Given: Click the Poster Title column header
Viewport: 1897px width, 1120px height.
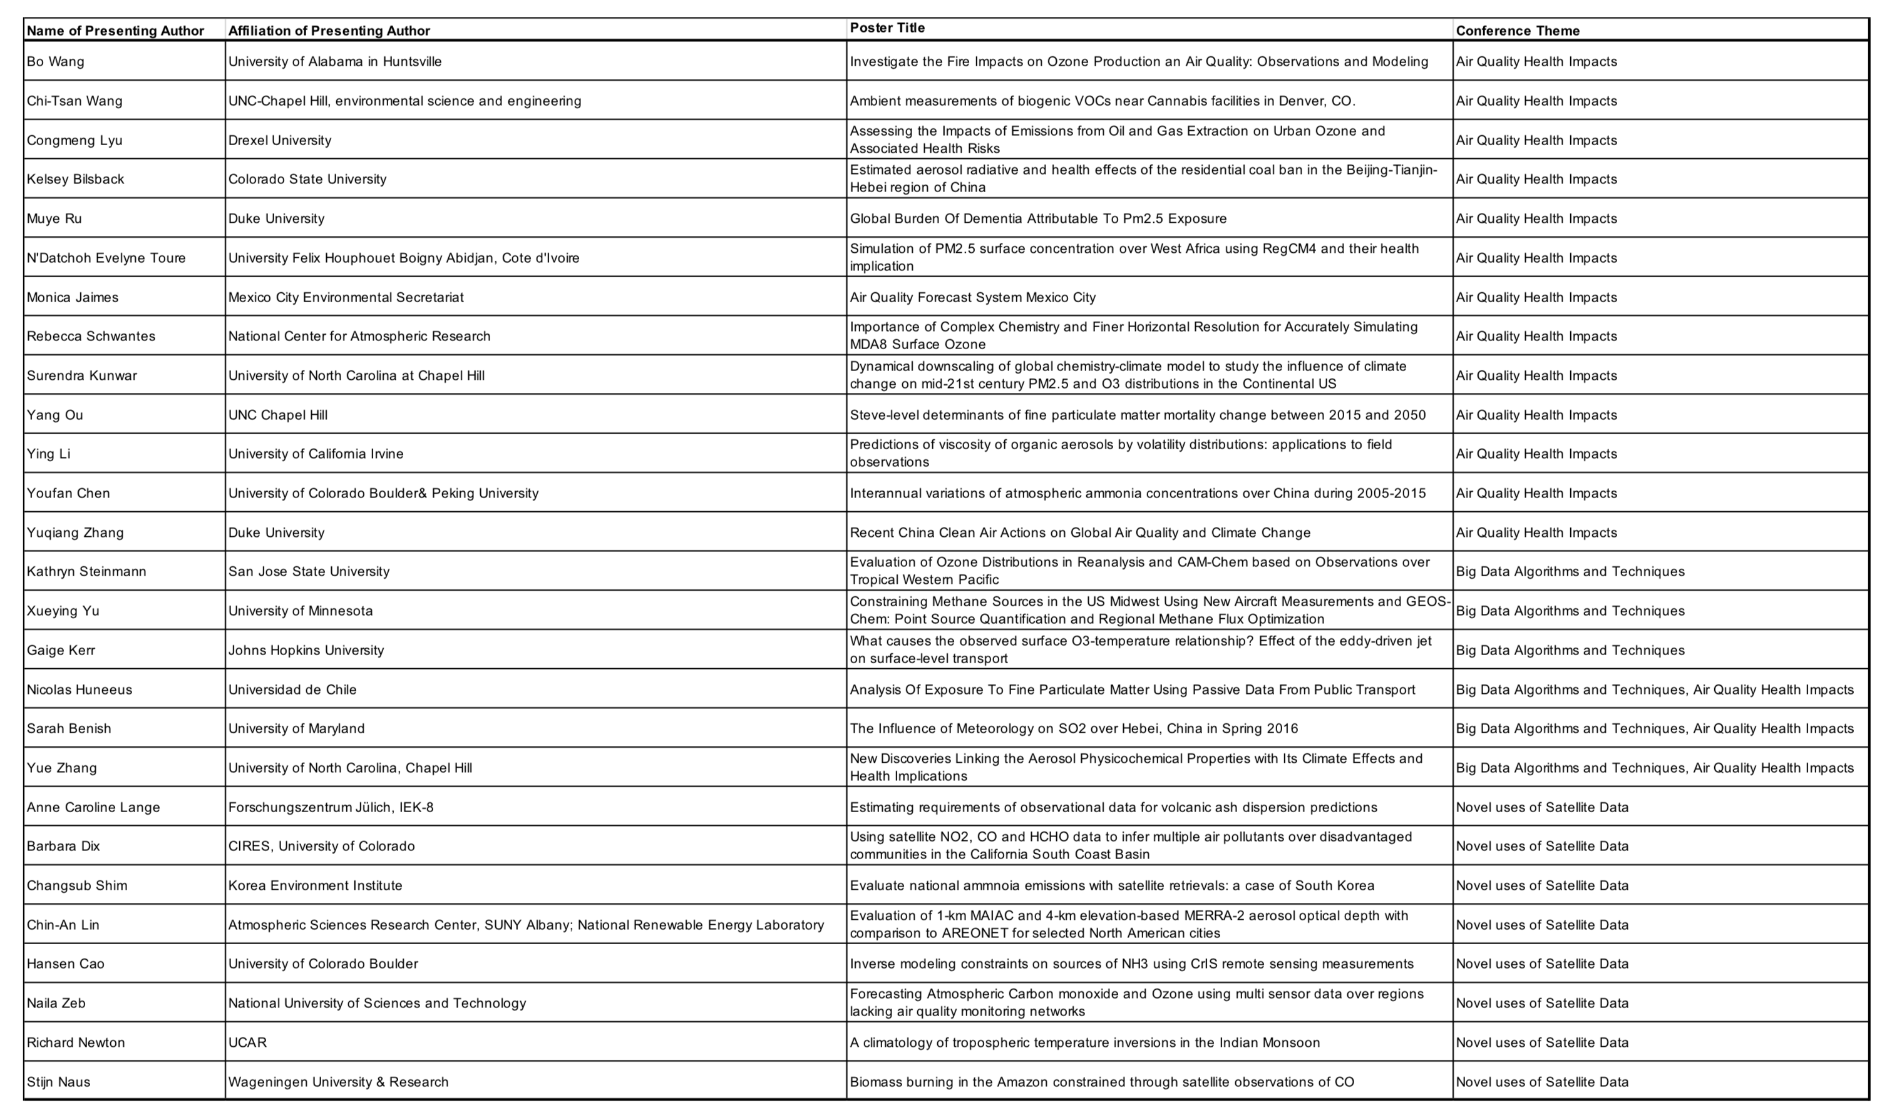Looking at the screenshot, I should click(887, 28).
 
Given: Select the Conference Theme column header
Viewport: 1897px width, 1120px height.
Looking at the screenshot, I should click(1517, 31).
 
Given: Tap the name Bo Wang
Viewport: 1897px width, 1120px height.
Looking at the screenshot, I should click(55, 62).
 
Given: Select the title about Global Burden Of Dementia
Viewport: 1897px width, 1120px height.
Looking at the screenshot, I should click(1037, 219).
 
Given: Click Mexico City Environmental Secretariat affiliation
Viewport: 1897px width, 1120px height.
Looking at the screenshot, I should click(346, 297).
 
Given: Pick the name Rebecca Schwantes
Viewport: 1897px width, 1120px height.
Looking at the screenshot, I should click(91, 337).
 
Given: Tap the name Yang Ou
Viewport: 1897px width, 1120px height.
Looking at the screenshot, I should click(54, 415).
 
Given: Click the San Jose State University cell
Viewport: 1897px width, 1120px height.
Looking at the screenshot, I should click(309, 572).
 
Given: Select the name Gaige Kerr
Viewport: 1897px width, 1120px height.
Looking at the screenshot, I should click(60, 651).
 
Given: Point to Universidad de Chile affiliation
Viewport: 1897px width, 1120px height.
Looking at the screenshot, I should click(292, 690).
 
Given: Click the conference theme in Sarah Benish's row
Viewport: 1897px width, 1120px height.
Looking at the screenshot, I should click(1654, 729).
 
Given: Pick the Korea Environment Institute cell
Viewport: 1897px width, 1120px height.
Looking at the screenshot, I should click(315, 886).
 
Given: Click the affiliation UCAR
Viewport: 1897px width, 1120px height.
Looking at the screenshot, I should click(247, 1043).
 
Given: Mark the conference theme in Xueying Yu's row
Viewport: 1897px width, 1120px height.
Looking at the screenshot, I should click(1570, 611).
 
